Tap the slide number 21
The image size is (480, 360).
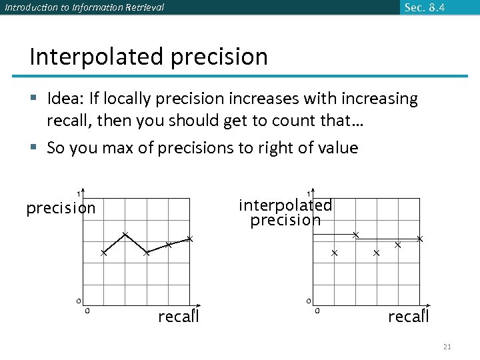point(447,347)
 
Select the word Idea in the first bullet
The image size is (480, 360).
point(65,99)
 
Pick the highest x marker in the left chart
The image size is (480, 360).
point(125,234)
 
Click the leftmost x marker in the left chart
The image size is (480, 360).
point(103,253)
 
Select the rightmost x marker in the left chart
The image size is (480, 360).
point(189,239)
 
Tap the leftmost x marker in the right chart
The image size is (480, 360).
point(334,253)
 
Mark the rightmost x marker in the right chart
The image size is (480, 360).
point(420,239)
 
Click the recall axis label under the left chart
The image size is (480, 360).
point(178,317)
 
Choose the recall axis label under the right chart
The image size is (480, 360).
point(408,317)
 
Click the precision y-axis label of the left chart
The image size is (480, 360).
point(61,209)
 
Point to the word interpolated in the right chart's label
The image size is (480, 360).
point(285,205)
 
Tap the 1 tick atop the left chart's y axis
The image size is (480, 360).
point(77,194)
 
